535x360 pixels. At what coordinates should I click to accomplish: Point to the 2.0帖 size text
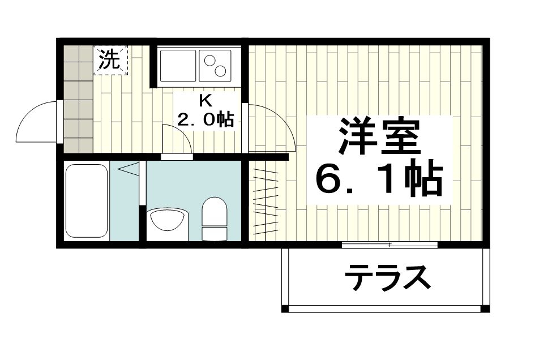(x=206, y=120)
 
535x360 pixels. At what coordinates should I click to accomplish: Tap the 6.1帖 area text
(x=379, y=180)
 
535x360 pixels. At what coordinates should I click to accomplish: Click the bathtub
(x=86, y=201)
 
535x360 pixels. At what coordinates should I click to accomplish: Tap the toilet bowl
(x=215, y=211)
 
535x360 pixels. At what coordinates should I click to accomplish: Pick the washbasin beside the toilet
(x=167, y=218)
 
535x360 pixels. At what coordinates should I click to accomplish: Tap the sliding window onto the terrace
(x=390, y=245)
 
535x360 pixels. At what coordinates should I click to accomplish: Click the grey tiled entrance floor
(x=76, y=102)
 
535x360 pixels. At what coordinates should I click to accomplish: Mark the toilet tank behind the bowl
(x=215, y=232)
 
